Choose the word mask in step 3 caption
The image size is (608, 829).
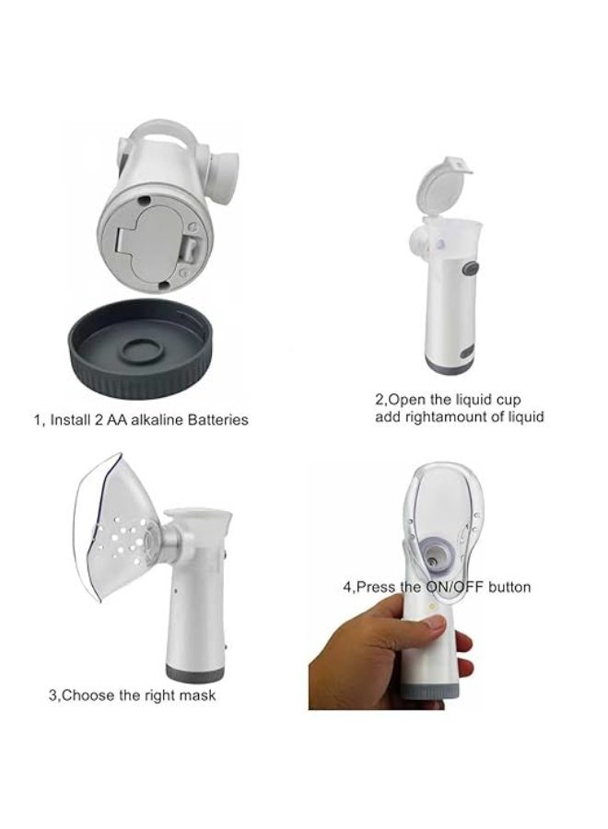pos(199,695)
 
